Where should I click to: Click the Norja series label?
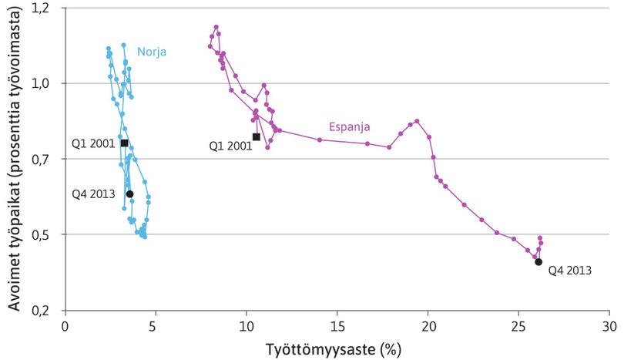[152, 52]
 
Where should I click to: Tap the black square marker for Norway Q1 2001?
[124, 143]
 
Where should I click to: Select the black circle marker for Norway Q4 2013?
[129, 194]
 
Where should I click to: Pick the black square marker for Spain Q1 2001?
[256, 137]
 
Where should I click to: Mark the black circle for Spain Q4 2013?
[538, 262]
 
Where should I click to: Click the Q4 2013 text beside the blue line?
[93, 193]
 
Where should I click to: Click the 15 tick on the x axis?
[337, 326]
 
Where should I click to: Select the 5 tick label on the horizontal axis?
[156, 326]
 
